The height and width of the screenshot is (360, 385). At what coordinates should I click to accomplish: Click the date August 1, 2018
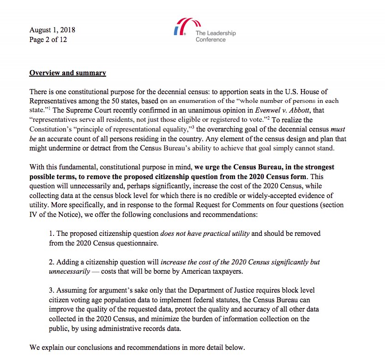(52, 30)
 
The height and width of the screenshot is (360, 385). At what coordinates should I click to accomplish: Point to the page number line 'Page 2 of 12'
(48, 40)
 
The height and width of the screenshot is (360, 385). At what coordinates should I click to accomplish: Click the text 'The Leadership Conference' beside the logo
(215, 36)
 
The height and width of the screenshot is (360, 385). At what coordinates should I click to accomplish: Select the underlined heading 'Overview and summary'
(67, 73)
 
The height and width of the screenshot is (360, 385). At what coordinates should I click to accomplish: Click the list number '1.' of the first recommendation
(52, 234)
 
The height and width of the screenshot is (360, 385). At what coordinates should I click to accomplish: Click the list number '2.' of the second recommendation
(52, 262)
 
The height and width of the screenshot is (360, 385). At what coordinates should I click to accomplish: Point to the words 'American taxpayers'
(213, 271)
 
